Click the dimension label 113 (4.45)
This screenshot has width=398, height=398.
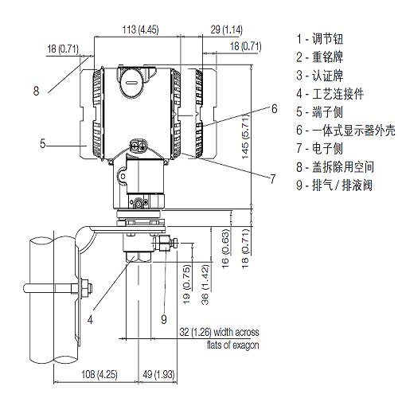tap(140, 30)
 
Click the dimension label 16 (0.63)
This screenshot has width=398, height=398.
tap(226, 247)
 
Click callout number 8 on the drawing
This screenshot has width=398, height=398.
tap(35, 91)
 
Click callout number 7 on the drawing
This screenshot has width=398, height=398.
tap(272, 178)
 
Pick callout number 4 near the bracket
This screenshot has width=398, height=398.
tap(91, 319)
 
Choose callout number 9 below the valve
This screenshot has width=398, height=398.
tap(164, 319)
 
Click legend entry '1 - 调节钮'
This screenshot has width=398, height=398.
tap(323, 38)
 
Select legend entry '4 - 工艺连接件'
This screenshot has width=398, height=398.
tap(330, 93)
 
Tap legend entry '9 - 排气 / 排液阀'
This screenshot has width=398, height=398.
tap(334, 185)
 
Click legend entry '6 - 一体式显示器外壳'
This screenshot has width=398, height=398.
tap(342, 130)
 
